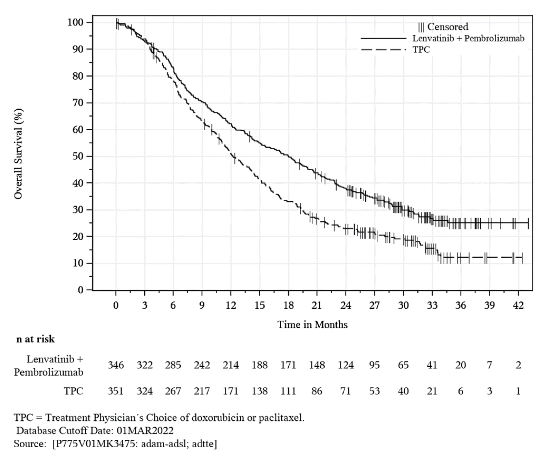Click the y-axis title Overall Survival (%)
coord(19,154)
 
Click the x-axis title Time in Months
coord(312,324)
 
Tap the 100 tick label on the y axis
coord(75,22)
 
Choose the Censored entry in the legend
coord(443,27)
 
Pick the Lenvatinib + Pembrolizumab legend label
coord(468,38)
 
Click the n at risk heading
coord(36,339)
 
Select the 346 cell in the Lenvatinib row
coord(116,365)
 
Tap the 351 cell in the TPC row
coord(116,391)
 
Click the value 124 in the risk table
coord(346,365)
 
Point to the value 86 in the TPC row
coord(317,391)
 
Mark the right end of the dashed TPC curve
coord(522,258)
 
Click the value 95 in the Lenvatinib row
coord(374,365)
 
